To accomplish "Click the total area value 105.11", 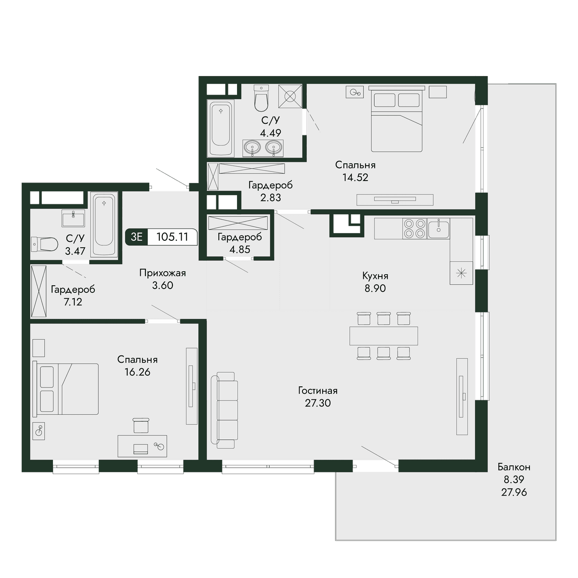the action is [172, 237].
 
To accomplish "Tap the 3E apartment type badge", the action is [136, 237].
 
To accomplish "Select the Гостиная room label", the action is [318, 391].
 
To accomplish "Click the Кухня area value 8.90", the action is [375, 288].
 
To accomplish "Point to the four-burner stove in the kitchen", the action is [415, 228].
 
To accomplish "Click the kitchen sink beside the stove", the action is [438, 228].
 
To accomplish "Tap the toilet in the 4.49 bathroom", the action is [261, 98].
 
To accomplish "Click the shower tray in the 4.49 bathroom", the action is [290, 96].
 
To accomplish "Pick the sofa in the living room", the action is [224, 410].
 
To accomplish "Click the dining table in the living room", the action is [383, 336].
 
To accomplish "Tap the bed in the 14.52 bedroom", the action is [396, 119].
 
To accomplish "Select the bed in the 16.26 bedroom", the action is [66, 389].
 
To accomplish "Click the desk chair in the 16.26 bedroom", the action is [141, 425].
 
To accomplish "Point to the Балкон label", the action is [514, 467].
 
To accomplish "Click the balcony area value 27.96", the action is [514, 492].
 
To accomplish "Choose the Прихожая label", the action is [163, 273].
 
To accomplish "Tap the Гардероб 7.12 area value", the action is [73, 302].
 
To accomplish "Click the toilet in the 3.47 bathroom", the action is [44, 244].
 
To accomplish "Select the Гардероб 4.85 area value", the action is [240, 249].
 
